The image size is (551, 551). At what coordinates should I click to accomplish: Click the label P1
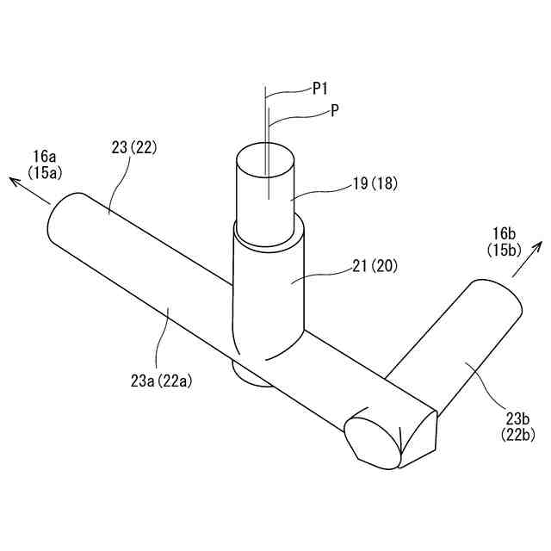tap(319, 89)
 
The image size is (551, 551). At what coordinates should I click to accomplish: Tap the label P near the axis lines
tap(335, 111)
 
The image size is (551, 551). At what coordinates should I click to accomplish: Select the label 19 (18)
tap(375, 183)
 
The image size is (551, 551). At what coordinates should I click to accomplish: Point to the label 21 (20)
tap(375, 267)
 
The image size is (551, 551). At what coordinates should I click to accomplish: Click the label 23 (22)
tap(134, 147)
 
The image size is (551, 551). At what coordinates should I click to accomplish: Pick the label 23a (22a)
tap(161, 381)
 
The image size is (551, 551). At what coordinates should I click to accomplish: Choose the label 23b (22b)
tap(518, 427)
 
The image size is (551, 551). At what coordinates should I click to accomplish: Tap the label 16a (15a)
tap(45, 164)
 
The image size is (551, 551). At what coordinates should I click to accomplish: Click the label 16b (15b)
tap(504, 241)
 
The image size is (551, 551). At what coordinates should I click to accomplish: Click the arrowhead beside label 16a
tap(14, 182)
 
